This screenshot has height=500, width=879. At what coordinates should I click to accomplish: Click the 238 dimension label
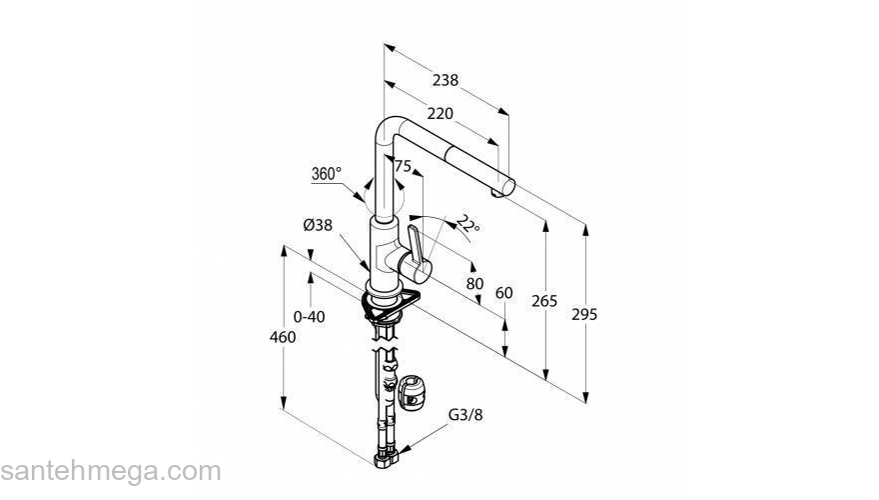click(x=445, y=80)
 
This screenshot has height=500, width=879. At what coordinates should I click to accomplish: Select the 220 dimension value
click(x=440, y=113)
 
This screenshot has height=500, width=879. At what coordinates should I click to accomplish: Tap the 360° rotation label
click(x=327, y=174)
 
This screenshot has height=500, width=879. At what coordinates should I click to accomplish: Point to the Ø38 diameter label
click(x=318, y=226)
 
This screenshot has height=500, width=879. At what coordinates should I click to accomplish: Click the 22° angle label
click(x=468, y=224)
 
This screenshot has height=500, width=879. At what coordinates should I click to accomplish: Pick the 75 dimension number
click(x=404, y=166)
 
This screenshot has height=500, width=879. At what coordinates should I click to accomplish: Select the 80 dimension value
click(x=474, y=284)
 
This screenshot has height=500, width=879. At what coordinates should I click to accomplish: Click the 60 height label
click(x=504, y=293)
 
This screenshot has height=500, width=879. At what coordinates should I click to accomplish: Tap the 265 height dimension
click(x=545, y=301)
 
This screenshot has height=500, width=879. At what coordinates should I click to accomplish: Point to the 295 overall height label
click(x=584, y=315)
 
